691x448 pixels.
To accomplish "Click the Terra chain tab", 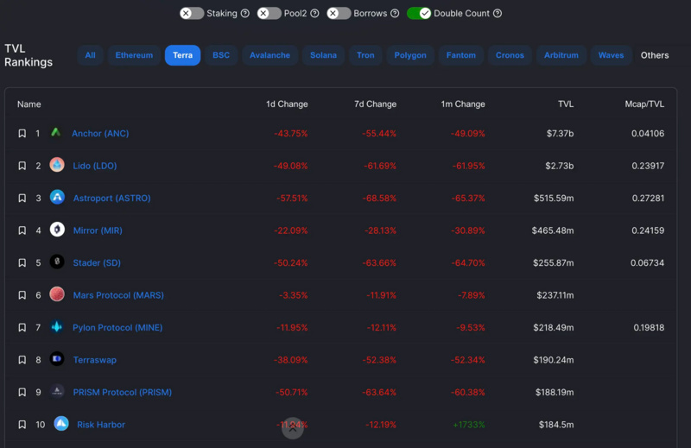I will [x=182, y=55].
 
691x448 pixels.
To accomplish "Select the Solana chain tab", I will [x=324, y=55].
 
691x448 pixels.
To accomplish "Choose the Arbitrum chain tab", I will [x=561, y=55].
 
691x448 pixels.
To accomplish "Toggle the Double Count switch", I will [x=419, y=13].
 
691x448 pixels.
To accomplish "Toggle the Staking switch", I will [x=192, y=13].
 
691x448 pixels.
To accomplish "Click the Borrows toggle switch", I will [x=339, y=13].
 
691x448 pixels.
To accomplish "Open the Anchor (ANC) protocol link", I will [x=100, y=134].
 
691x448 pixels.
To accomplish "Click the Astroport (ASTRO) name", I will [x=111, y=199].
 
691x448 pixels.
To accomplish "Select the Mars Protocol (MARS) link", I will [x=118, y=295].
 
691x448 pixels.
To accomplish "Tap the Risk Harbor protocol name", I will [x=101, y=425].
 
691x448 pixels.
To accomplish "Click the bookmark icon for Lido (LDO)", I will [x=22, y=166].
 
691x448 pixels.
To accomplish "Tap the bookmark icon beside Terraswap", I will [x=22, y=360].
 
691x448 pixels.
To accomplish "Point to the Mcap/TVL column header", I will [x=644, y=104].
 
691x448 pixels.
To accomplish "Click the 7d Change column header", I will [x=375, y=104].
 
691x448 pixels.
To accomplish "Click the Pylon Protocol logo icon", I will [x=57, y=327].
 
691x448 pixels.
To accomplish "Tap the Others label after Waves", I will [x=654, y=55].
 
